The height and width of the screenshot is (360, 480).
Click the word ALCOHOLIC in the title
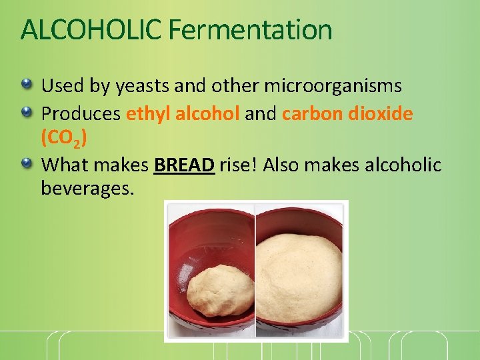91,30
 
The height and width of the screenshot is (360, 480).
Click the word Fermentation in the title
250,30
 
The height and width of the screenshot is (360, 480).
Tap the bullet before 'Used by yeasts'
27,85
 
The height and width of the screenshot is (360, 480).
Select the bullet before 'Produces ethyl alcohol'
27,113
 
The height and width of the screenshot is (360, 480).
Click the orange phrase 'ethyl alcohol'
183,114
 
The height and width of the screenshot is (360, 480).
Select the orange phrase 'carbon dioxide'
347,114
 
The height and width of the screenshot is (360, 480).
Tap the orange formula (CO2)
63,139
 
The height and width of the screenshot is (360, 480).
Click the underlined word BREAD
184,165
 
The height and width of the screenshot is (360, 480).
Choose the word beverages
87,189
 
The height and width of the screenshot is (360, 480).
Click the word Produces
81,114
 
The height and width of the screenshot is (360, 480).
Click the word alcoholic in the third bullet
403,165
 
